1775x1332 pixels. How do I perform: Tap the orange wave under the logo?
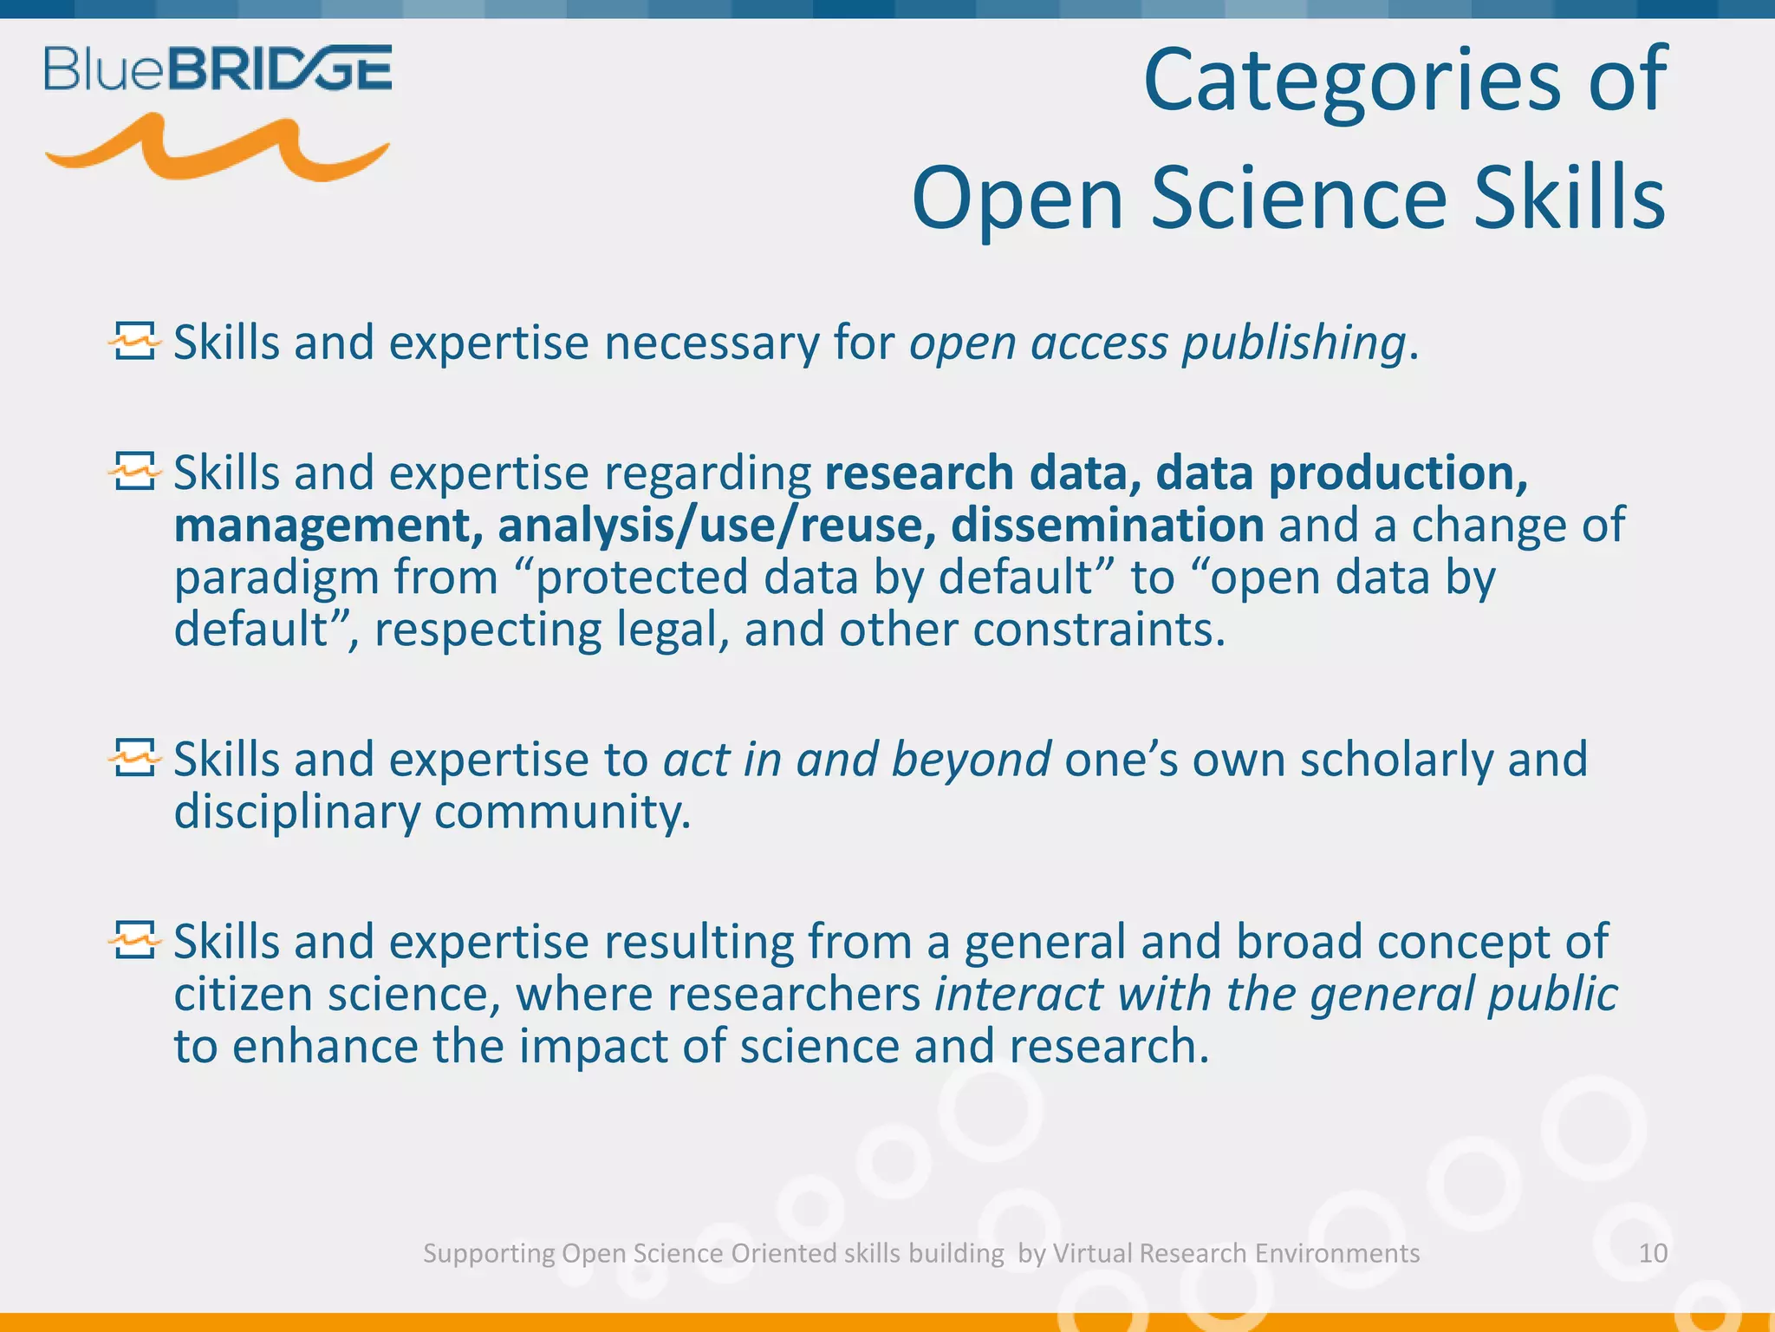click(217, 149)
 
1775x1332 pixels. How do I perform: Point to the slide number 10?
click(1653, 1253)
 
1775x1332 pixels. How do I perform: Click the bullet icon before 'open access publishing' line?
click(135, 342)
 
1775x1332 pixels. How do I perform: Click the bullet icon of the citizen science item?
click(135, 941)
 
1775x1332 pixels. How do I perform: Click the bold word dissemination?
click(1107, 526)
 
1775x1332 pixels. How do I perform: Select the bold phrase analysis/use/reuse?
click(716, 526)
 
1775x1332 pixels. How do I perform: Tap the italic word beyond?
click(971, 760)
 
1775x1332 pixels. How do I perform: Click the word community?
click(562, 813)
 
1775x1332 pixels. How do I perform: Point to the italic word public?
click(1551, 996)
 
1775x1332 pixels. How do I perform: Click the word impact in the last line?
click(593, 1046)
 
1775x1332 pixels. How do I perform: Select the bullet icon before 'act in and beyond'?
click(135, 759)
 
